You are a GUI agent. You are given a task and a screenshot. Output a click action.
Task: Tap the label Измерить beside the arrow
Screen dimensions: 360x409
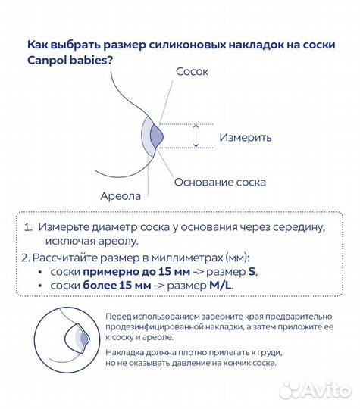tap(245, 138)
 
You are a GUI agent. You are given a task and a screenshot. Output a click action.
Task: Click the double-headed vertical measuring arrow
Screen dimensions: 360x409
tap(196, 136)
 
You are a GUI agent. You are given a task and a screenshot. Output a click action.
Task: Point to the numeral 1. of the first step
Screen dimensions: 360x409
tap(27, 226)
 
